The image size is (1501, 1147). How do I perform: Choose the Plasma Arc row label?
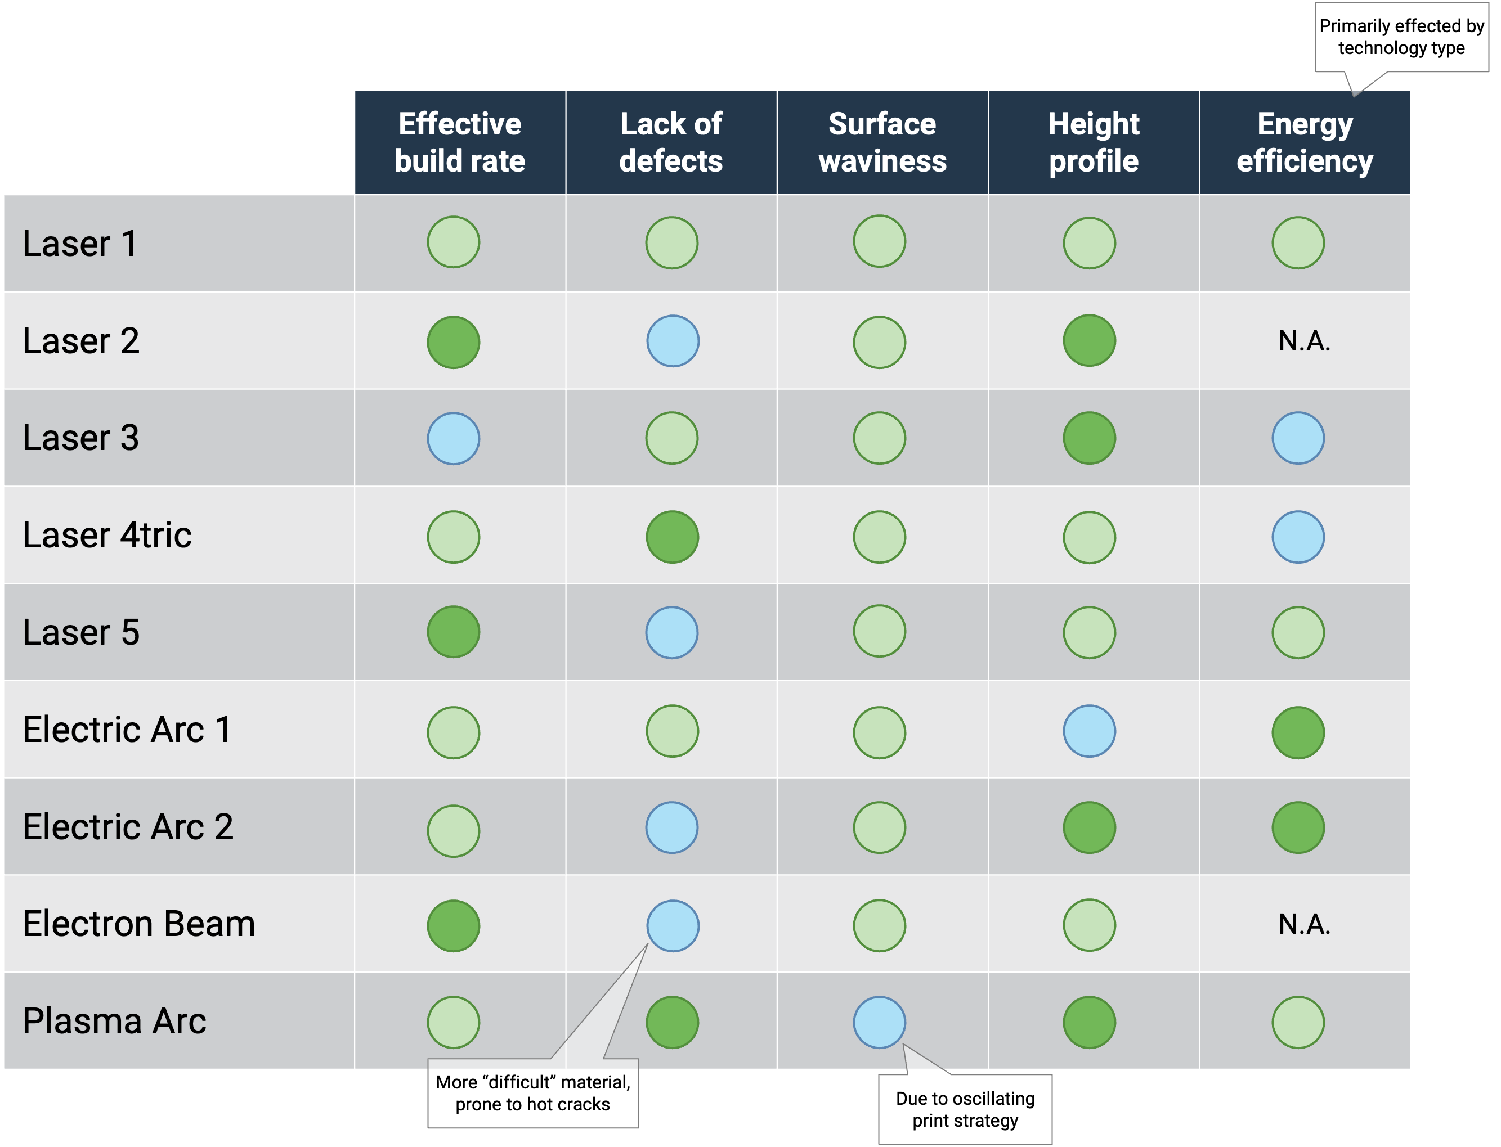(115, 1022)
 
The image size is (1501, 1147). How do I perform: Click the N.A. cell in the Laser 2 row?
(1305, 341)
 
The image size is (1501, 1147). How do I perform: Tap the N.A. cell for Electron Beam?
(1305, 924)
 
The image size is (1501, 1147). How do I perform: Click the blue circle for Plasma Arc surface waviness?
(880, 1022)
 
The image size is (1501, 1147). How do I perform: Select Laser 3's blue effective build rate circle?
(454, 438)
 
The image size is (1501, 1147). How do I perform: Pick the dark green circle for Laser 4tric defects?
(673, 537)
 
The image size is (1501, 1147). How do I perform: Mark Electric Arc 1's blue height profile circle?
(1089, 731)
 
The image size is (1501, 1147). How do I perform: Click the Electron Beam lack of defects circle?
(673, 926)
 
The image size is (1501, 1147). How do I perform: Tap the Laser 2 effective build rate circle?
(454, 342)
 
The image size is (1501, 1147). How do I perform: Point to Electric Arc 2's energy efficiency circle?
(1298, 827)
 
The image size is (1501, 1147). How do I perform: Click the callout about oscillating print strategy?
(965, 1109)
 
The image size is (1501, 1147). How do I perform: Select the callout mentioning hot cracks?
(532, 1092)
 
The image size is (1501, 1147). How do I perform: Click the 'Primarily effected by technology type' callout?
(1401, 37)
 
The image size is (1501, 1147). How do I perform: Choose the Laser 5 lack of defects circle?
(672, 632)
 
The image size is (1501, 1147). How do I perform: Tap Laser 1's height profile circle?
(1089, 243)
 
